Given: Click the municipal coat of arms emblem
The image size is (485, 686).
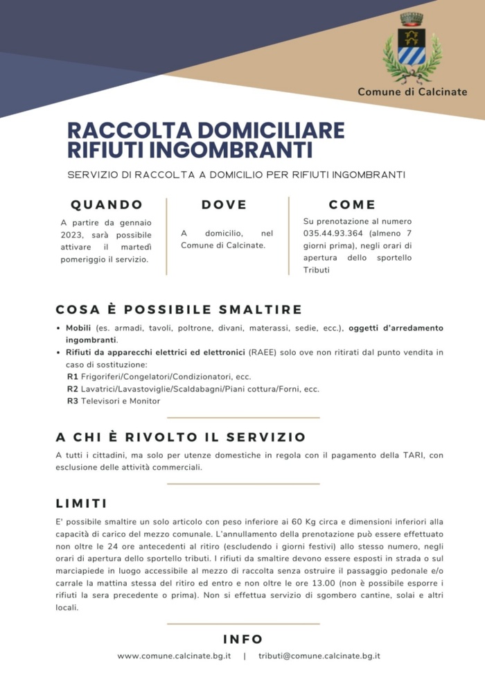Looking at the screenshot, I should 412,49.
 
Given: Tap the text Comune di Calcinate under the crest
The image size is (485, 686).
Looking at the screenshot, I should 412,91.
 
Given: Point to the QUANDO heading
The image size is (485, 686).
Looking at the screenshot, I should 107,204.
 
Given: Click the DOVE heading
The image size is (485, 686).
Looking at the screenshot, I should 224,204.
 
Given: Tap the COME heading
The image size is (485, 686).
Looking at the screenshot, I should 352,204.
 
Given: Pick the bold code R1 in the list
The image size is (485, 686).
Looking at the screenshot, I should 72,376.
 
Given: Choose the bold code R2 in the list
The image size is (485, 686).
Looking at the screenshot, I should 72,389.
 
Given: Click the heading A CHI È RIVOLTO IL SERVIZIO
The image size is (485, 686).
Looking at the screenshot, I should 180,437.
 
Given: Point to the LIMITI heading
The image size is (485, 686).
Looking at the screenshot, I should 81,503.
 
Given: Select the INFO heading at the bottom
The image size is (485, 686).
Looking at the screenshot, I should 242,639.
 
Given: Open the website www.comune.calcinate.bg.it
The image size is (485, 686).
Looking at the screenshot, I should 174,656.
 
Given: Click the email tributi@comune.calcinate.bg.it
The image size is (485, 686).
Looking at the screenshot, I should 319,656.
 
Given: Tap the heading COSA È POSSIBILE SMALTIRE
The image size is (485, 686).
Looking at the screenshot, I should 178,309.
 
